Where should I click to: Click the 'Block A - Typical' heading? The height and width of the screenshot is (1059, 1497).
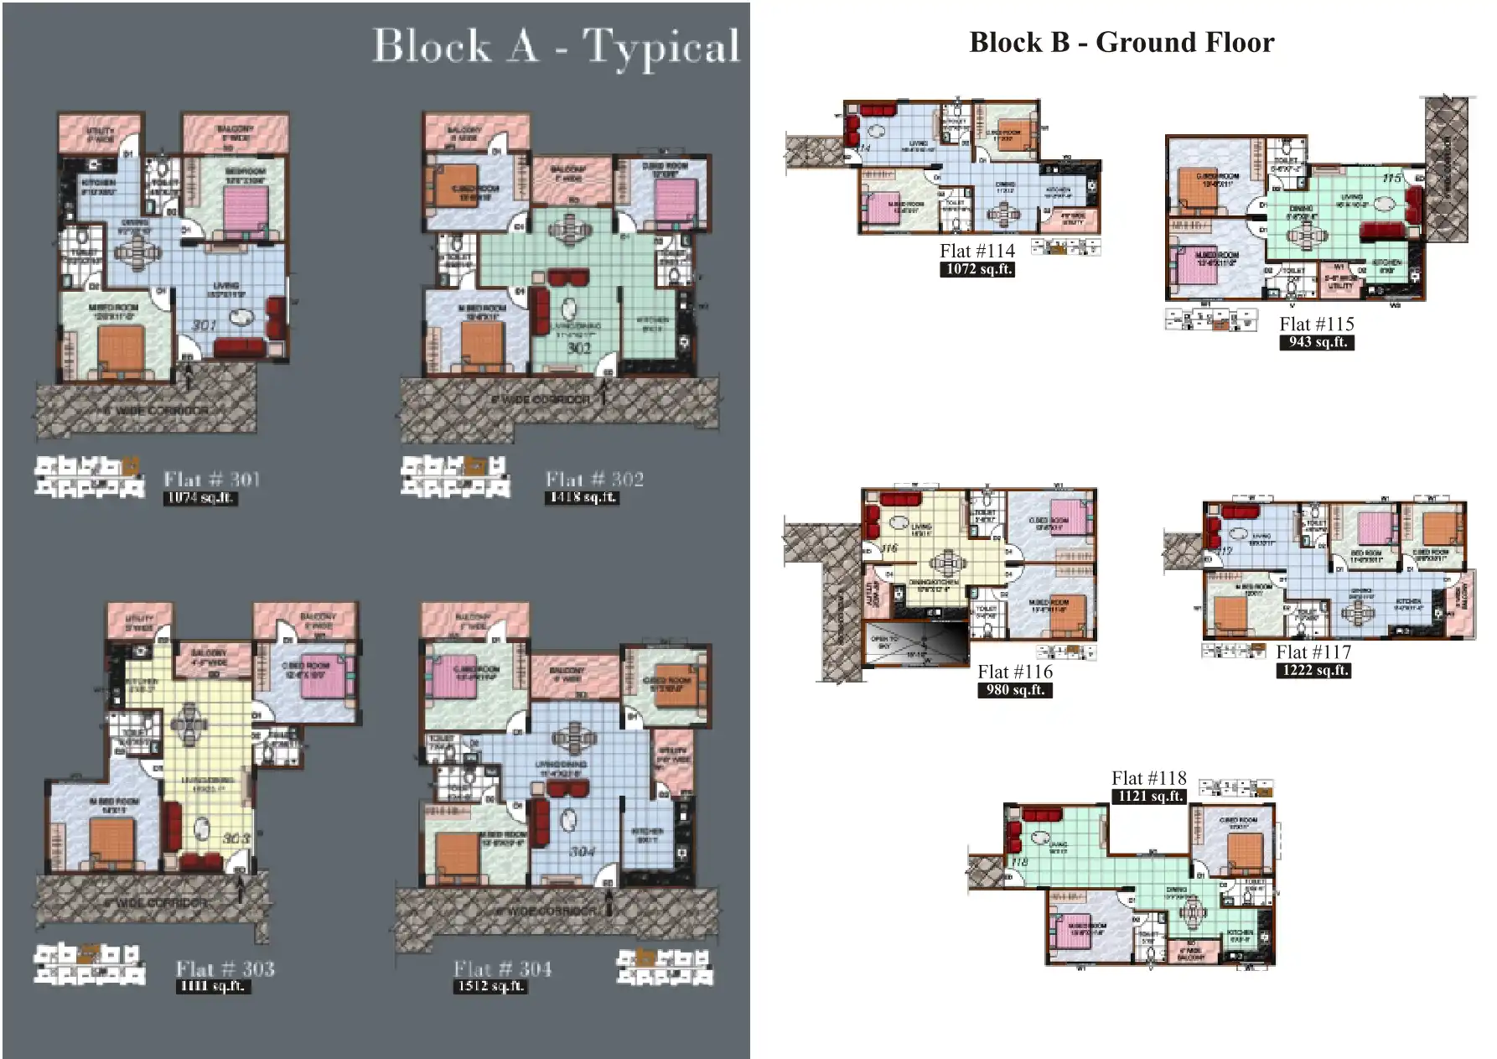point(556,46)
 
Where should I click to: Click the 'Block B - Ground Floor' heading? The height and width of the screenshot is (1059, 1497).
point(1121,42)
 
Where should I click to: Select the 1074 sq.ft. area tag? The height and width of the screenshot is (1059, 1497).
point(200,498)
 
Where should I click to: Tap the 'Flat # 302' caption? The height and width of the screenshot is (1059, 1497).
point(594,480)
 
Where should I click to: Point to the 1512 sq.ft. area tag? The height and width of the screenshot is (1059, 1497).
point(490,987)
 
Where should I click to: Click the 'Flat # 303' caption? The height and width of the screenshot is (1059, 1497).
point(225,969)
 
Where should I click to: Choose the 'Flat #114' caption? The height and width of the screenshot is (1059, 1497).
point(976,251)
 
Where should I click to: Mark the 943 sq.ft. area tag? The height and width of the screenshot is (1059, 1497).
point(1317,342)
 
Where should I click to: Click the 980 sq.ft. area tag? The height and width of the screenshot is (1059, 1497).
point(1015,690)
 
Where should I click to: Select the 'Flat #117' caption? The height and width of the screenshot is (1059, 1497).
point(1313,651)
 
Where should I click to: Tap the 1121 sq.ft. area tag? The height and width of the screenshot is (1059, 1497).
point(1148,796)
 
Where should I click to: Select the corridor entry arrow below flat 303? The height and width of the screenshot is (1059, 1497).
point(241,890)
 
